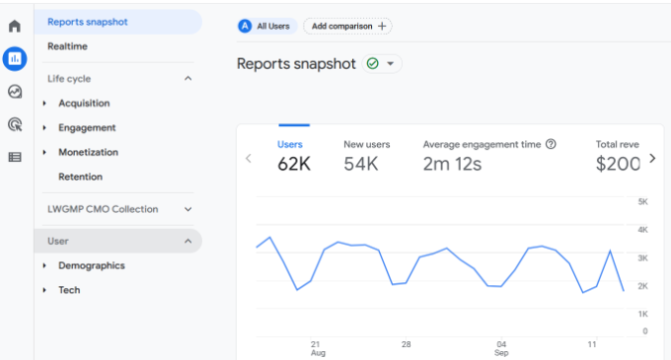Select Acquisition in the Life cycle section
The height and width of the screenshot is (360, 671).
(x=84, y=104)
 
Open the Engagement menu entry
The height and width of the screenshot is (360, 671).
(x=87, y=128)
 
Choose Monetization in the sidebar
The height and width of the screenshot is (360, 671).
(x=88, y=153)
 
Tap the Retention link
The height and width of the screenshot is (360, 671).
(x=80, y=178)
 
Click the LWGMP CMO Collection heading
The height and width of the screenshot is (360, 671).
(x=103, y=209)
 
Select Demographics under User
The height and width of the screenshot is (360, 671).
(x=91, y=266)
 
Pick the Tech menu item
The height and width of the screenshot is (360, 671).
(x=69, y=291)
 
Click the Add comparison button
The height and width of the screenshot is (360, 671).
(x=346, y=27)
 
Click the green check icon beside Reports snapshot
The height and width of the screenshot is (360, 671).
(x=372, y=64)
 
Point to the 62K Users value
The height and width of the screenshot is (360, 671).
(x=294, y=164)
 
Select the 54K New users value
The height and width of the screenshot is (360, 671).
(x=361, y=164)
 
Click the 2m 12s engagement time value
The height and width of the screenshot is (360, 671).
(x=452, y=164)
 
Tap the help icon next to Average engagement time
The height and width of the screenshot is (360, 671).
(x=551, y=144)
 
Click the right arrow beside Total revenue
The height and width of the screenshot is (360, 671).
(x=651, y=158)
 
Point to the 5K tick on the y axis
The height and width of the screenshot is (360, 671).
(x=641, y=202)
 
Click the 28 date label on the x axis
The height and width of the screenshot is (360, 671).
(x=406, y=344)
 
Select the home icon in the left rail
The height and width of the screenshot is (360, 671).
(x=15, y=26)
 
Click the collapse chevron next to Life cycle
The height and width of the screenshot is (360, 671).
(x=188, y=79)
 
